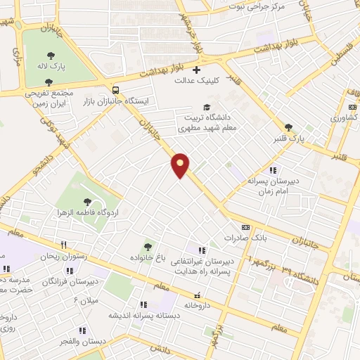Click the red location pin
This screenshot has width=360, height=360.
[x=181, y=165]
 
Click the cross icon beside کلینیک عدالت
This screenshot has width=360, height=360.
[x=196, y=70]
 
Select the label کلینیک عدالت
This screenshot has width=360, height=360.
[x=198, y=81]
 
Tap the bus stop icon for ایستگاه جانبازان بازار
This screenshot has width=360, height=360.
[x=115, y=90]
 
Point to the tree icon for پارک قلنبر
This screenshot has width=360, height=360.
[x=288, y=127]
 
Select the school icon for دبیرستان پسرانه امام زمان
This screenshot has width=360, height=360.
[x=273, y=169]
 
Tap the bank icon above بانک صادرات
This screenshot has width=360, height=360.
[x=245, y=227]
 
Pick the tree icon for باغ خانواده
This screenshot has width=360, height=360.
[x=147, y=246]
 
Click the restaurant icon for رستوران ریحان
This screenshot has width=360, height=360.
[x=64, y=245]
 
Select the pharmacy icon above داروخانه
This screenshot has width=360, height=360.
[x=198, y=295]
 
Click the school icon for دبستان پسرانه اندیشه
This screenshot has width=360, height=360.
[x=144, y=304]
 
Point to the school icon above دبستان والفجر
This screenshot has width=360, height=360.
[x=82, y=330]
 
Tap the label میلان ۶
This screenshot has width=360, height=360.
[x=86, y=301]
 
